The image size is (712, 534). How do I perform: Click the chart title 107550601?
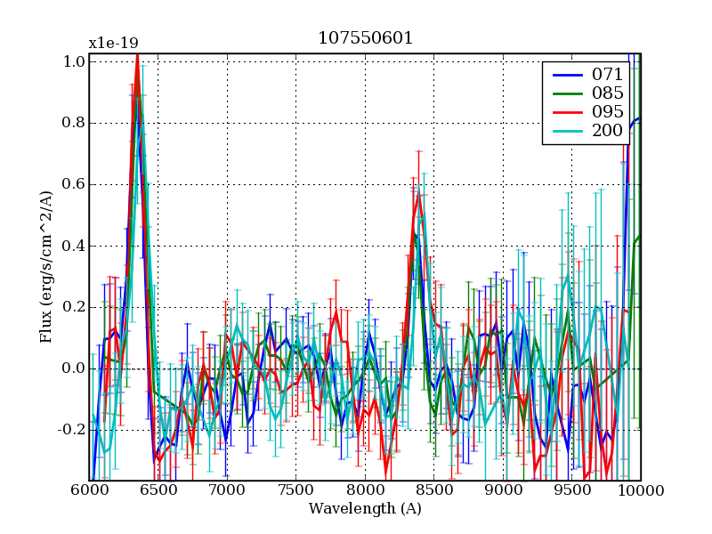pyautogui.click(x=365, y=38)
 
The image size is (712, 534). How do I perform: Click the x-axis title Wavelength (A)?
pyautogui.click(x=365, y=509)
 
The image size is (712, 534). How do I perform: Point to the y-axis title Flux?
pyautogui.click(x=45, y=267)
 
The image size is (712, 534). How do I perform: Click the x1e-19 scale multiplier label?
pyautogui.click(x=113, y=43)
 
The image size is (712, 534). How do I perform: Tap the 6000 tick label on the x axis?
pyautogui.click(x=89, y=490)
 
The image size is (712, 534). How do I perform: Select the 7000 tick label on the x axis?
pyautogui.click(x=227, y=490)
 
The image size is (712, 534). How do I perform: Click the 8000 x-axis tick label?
pyautogui.click(x=365, y=490)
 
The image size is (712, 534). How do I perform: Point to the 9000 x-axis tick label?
pyautogui.click(x=503, y=490)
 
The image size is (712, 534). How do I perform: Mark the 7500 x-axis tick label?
pyautogui.click(x=296, y=490)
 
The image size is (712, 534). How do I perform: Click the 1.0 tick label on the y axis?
pyautogui.click(x=74, y=61)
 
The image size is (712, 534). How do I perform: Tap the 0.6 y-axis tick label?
pyautogui.click(x=74, y=184)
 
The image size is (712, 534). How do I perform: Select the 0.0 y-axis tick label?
pyautogui.click(x=74, y=368)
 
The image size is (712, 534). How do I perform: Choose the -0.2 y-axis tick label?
pyautogui.click(x=72, y=430)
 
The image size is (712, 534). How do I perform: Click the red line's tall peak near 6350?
pyautogui.click(x=137, y=55)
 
